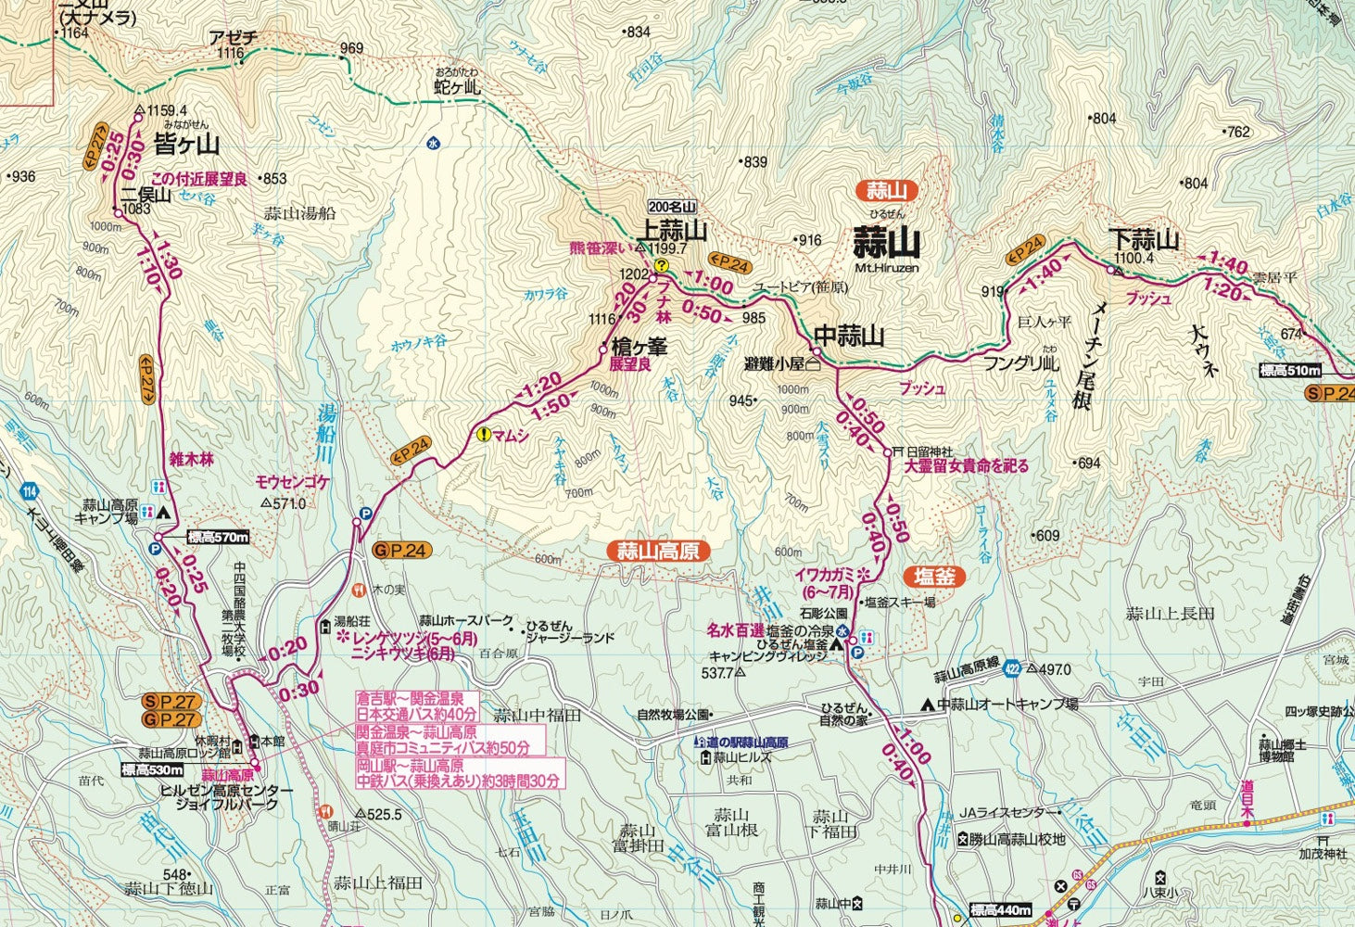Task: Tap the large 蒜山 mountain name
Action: point(887,243)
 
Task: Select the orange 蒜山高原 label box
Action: point(657,552)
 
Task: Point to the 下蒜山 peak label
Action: point(1146,241)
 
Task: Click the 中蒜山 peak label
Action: point(849,336)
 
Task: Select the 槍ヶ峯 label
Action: point(640,347)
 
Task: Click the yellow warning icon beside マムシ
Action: point(483,434)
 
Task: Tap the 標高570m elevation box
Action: point(217,537)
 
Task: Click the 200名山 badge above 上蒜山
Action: point(672,207)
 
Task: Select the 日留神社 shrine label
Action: point(930,451)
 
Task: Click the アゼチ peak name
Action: point(233,38)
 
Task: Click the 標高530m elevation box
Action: point(153,769)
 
